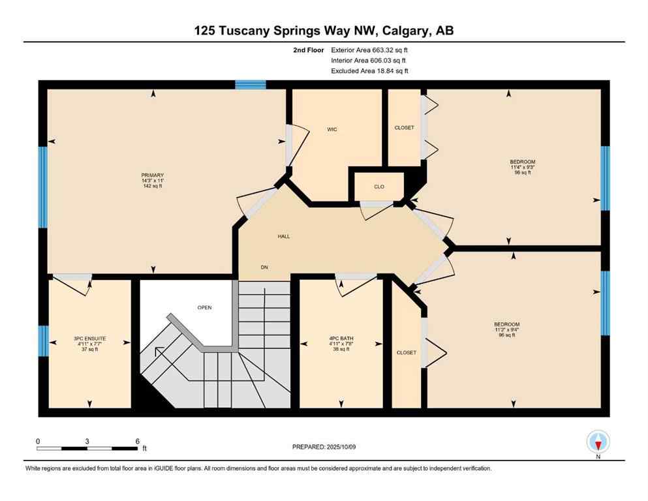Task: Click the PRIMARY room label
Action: tap(151, 175)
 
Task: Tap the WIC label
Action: tap(332, 129)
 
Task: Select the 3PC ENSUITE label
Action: tap(90, 339)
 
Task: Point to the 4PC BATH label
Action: tap(341, 339)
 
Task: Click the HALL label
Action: tap(283, 236)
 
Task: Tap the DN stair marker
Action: tap(264, 267)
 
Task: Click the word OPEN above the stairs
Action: tap(205, 307)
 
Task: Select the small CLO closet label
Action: tap(379, 187)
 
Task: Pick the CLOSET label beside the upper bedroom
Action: tap(404, 128)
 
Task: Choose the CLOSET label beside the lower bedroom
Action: tap(406, 352)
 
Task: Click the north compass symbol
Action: tap(598, 442)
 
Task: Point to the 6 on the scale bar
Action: tap(137, 441)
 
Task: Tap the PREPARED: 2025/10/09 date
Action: tap(325, 447)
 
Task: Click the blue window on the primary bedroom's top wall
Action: tap(251, 84)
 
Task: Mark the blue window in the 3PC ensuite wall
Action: tap(43, 341)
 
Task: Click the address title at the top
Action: tap(324, 30)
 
